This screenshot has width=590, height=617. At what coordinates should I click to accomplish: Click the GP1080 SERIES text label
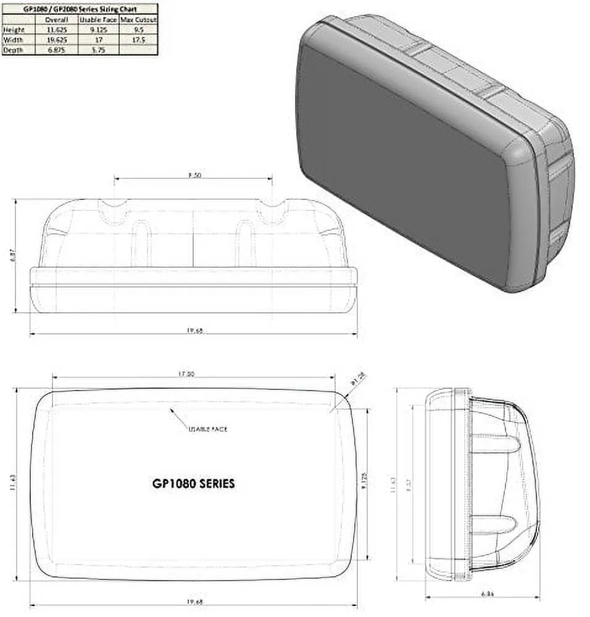click(x=193, y=484)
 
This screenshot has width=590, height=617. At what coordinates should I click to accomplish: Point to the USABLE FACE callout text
click(x=208, y=429)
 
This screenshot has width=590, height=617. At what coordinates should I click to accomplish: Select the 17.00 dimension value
click(x=186, y=374)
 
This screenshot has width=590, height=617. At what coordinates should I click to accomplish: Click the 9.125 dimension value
click(x=365, y=482)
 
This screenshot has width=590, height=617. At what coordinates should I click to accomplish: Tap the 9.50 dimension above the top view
click(x=194, y=175)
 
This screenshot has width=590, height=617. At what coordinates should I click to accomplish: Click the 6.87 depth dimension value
click(x=14, y=255)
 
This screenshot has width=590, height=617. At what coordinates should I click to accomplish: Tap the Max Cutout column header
click(x=138, y=19)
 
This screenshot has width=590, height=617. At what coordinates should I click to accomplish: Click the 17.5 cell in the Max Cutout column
click(x=138, y=39)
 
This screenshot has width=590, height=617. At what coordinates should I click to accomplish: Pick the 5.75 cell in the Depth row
click(x=97, y=50)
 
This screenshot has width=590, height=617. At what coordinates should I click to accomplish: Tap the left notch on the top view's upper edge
click(x=115, y=210)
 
